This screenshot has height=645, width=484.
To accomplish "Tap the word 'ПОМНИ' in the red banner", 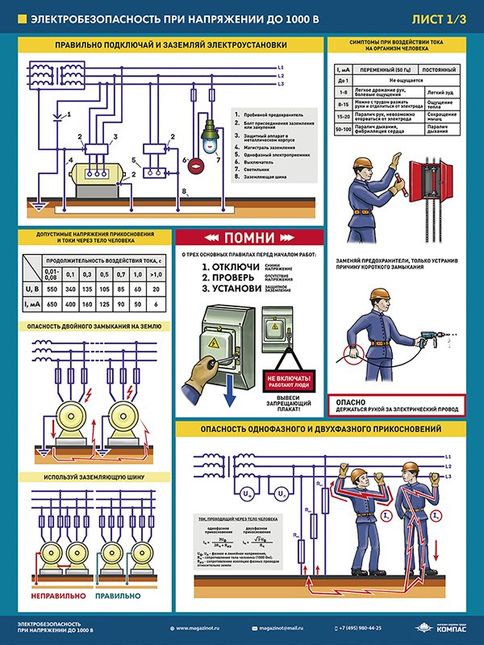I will pyautogui.click(x=244, y=239).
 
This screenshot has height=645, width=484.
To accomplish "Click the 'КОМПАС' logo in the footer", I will pyautogui.click(x=443, y=628).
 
